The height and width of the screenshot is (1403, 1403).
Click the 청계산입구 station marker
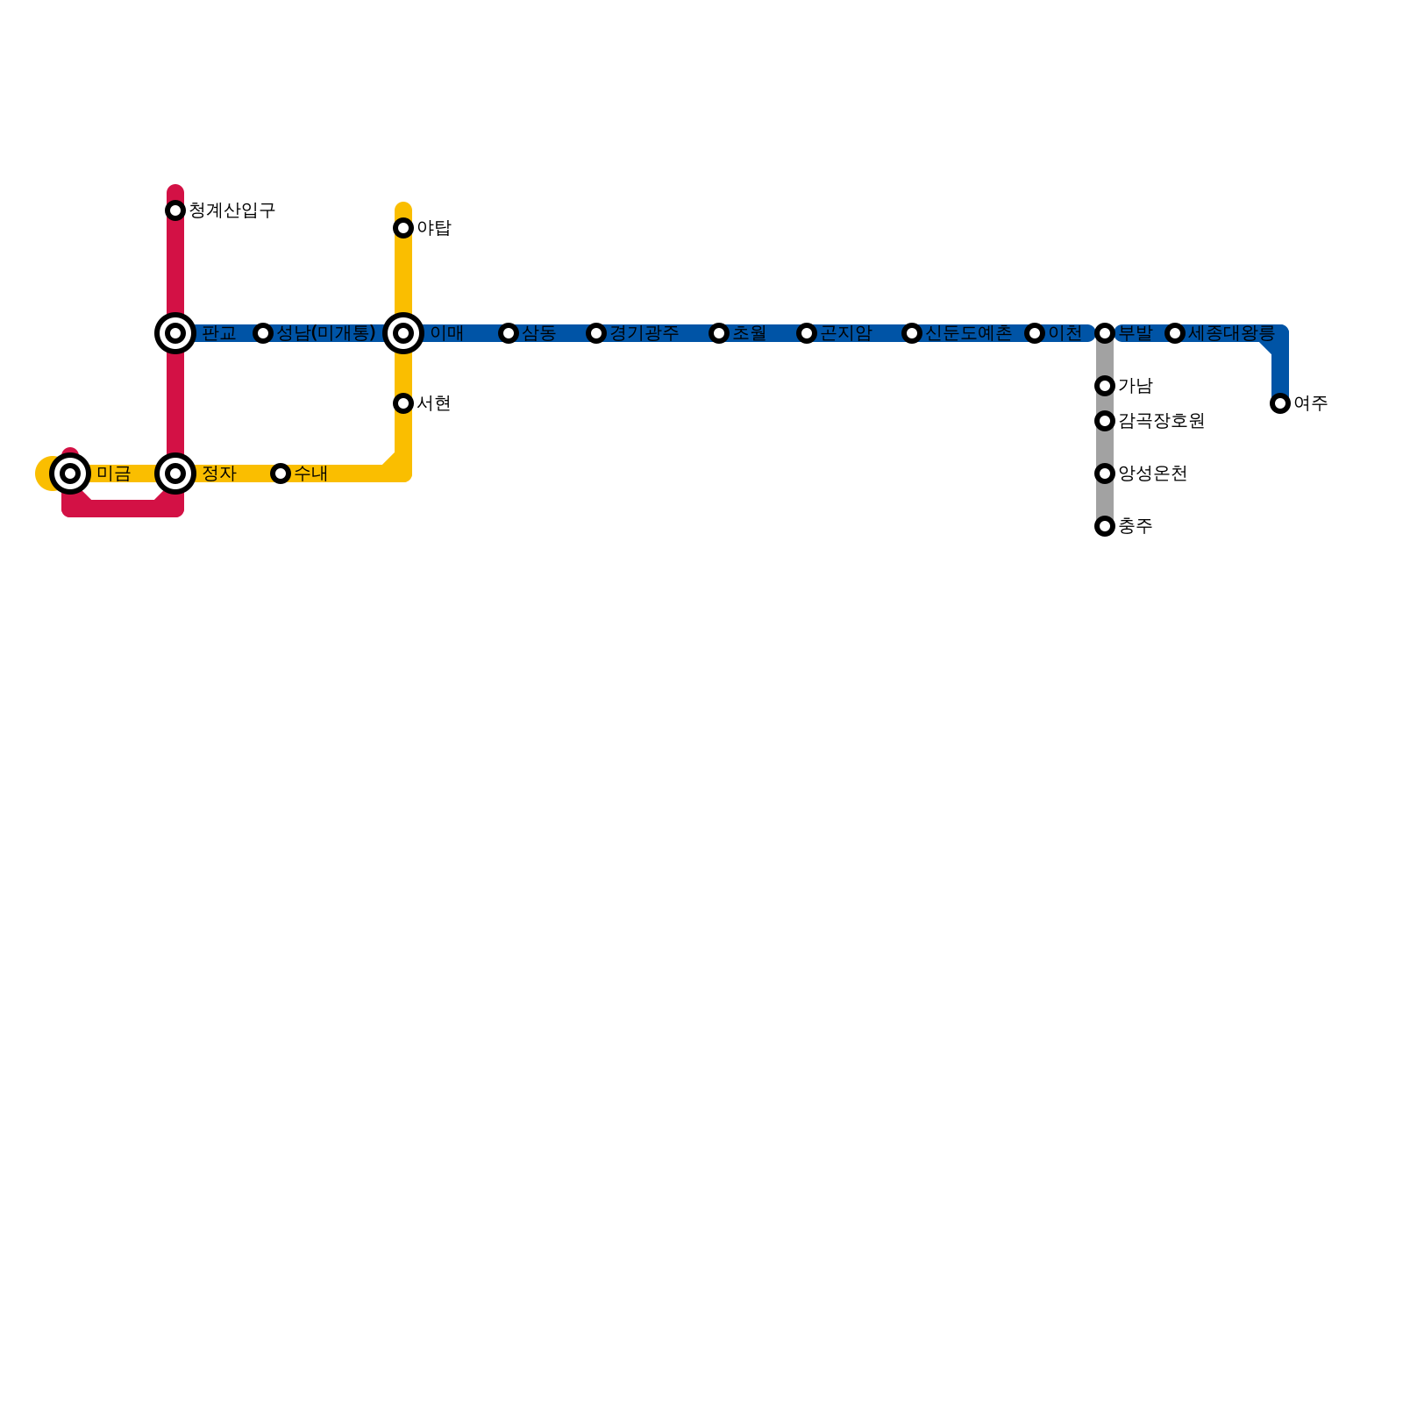coord(175,210)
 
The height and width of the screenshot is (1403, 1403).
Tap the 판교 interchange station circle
coord(175,333)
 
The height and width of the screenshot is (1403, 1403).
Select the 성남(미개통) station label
coord(326,333)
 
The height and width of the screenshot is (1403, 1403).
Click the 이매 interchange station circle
coord(403,333)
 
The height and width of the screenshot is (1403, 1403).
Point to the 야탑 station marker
coord(403,228)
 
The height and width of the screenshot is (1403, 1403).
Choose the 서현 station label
coord(433,403)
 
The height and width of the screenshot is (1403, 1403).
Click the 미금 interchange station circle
coord(70,474)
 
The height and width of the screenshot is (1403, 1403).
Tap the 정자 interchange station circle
coord(175,474)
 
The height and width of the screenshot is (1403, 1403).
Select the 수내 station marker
coord(281,474)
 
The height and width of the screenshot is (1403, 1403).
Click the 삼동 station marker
coord(509,333)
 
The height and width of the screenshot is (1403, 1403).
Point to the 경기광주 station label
coord(644,333)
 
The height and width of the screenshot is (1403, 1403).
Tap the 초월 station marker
coord(719,333)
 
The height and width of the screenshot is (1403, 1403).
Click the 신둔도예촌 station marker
coord(912,333)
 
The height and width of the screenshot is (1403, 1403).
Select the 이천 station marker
coord(1035,333)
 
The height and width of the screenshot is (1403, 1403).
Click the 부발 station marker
coord(1105,333)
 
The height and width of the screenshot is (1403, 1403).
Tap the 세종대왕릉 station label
coord(1231,333)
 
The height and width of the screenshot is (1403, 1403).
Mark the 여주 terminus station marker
coord(1280,403)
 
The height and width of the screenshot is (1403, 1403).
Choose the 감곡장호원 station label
coord(1161,421)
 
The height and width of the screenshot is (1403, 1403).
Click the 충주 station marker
coord(1105,526)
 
